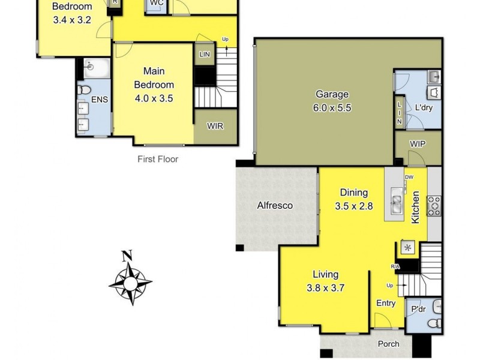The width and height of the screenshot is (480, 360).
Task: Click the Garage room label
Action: [332, 95]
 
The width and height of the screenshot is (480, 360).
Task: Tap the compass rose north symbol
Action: [127, 256]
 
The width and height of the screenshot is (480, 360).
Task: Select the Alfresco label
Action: [275, 205]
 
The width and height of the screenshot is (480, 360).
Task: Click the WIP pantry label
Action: [418, 144]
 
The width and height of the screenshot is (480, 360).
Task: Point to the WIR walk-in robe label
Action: [215, 127]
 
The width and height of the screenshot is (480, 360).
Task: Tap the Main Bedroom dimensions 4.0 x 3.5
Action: [153, 98]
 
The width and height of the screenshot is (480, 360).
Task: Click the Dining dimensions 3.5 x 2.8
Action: [354, 206]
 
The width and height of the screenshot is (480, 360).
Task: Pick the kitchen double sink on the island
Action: [397, 201]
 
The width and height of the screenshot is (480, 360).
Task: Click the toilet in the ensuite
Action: [84, 91]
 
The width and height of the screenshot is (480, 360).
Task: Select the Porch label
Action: [388, 344]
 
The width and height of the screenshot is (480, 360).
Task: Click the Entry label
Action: [386, 303]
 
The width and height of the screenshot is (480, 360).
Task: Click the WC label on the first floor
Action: [157, 3]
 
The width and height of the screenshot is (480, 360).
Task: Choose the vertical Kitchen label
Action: [415, 208]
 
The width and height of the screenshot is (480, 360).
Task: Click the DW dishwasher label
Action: [409, 177]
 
